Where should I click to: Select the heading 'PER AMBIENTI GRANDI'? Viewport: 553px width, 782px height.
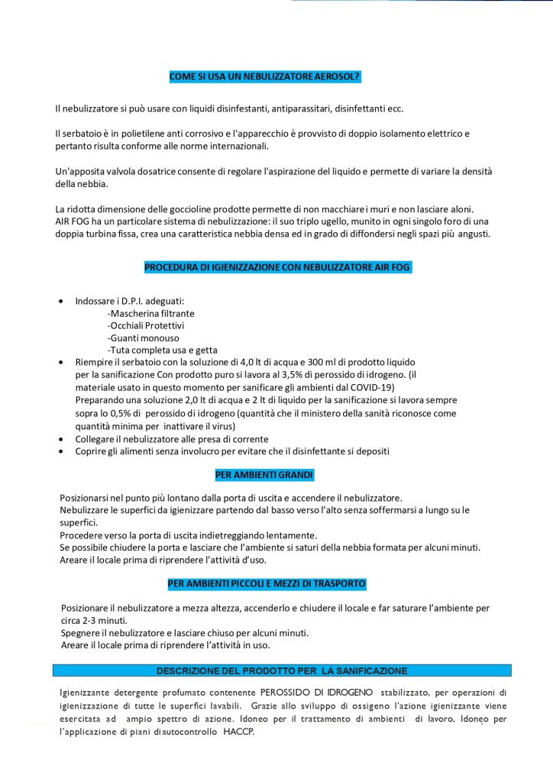point(264,474)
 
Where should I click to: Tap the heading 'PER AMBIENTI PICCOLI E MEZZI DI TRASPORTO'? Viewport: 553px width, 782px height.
point(267,584)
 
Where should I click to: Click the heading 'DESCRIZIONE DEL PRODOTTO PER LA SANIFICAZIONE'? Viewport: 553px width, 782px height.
point(282,671)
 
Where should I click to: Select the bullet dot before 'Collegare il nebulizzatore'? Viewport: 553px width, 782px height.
point(61,439)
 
